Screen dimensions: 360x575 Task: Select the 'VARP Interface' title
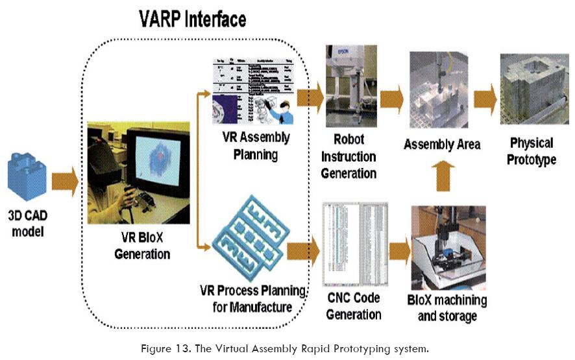(x=193, y=19)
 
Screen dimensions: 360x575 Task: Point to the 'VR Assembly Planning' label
(x=255, y=147)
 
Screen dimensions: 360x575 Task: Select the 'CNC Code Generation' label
(x=353, y=306)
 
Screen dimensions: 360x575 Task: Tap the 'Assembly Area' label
(x=442, y=143)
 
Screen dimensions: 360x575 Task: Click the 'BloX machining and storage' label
(x=447, y=308)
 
